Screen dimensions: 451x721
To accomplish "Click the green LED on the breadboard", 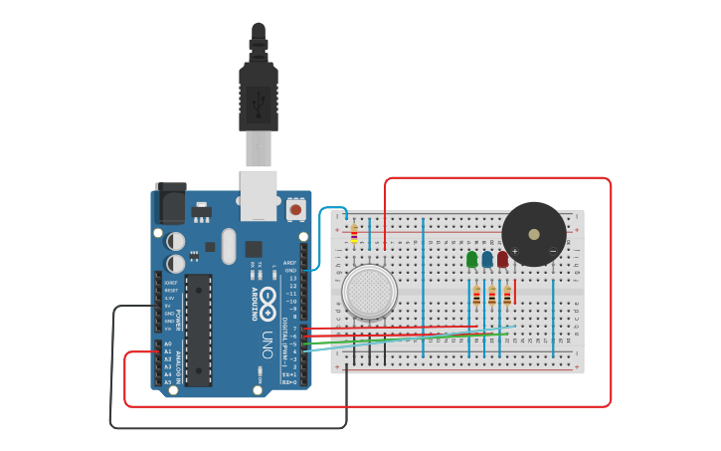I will (x=471, y=260).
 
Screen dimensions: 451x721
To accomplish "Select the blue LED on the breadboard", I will (x=486, y=260).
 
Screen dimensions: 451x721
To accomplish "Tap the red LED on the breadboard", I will (x=502, y=260).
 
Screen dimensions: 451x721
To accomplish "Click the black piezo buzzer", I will (x=533, y=234).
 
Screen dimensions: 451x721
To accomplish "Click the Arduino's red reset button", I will (x=295, y=210).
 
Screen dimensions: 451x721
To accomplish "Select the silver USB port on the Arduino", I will (x=259, y=193).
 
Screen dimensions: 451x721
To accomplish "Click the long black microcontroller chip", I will (x=198, y=330).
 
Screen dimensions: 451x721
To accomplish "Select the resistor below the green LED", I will (x=476, y=296).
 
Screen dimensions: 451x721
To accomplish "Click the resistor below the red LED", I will (x=507, y=296).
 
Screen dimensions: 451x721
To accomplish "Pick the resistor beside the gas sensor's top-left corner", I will (x=354, y=234).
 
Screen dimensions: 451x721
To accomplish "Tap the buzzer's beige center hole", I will (x=534, y=234).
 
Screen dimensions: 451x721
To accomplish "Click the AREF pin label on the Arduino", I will (x=290, y=263).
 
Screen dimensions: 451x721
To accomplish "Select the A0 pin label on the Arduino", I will (x=167, y=343).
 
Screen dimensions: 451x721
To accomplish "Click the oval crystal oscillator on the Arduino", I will (x=229, y=247).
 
